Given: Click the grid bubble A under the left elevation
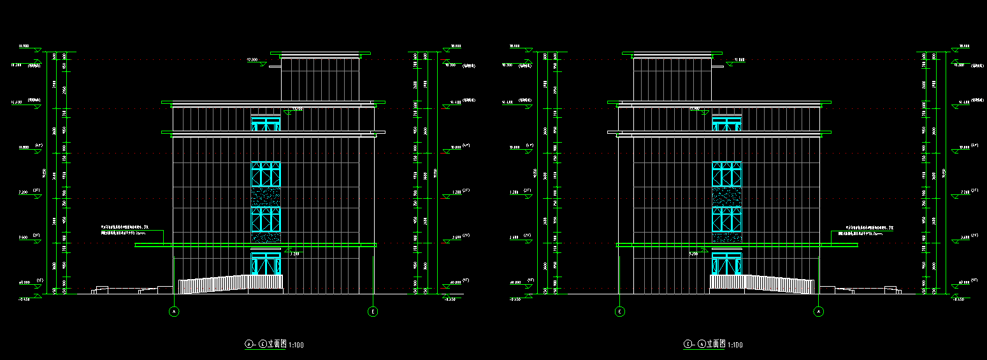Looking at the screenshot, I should click(174, 312).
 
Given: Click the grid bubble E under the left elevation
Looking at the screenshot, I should click(373, 312).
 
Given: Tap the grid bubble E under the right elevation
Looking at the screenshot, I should click(620, 312).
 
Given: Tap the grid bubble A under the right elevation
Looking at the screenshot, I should click(819, 312).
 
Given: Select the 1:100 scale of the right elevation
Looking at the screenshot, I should click(735, 345).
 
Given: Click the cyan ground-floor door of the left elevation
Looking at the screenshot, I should click(266, 264).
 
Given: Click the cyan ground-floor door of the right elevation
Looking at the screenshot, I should click(726, 264).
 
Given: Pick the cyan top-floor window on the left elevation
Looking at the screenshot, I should click(266, 124).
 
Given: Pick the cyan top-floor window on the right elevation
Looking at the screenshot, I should click(726, 124).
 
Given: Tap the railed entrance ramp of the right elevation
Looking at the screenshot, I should click(763, 284).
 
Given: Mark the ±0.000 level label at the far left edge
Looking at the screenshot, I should click(25, 282).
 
